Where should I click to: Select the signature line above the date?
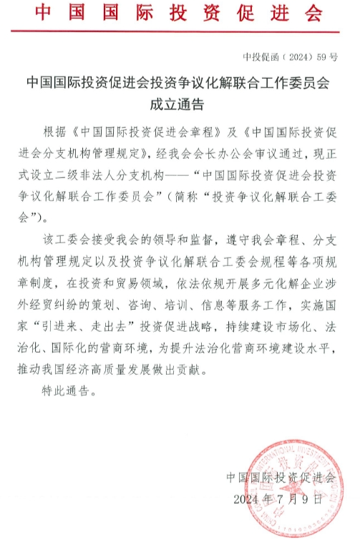point(281,477)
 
